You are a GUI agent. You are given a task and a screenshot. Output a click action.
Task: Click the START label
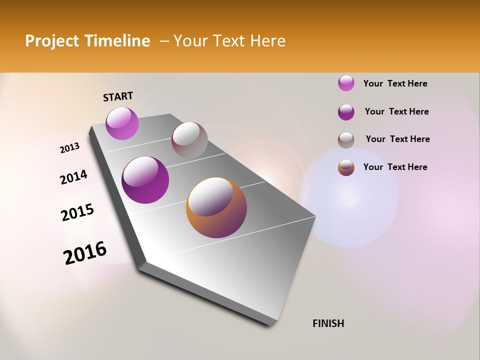(x=118, y=96)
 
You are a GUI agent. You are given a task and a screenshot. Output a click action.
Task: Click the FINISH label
(x=328, y=323)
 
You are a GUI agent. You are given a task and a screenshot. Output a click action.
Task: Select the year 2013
(x=70, y=147)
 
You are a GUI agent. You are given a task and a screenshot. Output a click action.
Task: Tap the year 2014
(x=73, y=177)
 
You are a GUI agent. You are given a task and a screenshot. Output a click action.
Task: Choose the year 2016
(x=85, y=252)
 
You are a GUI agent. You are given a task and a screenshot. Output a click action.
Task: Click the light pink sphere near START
(x=122, y=123)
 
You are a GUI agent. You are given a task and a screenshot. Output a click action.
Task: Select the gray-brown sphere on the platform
(x=189, y=140)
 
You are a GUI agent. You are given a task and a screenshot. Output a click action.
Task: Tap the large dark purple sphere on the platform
(x=145, y=180)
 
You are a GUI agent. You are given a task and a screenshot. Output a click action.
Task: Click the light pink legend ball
(x=346, y=83)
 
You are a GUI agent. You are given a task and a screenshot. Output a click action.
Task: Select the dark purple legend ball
(x=346, y=112)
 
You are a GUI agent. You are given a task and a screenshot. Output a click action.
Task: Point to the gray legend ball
(x=346, y=140)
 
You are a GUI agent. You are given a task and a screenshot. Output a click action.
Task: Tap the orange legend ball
(x=346, y=167)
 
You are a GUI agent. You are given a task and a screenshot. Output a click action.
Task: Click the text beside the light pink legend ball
(x=395, y=83)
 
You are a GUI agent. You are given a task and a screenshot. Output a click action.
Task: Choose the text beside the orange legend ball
(x=395, y=167)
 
